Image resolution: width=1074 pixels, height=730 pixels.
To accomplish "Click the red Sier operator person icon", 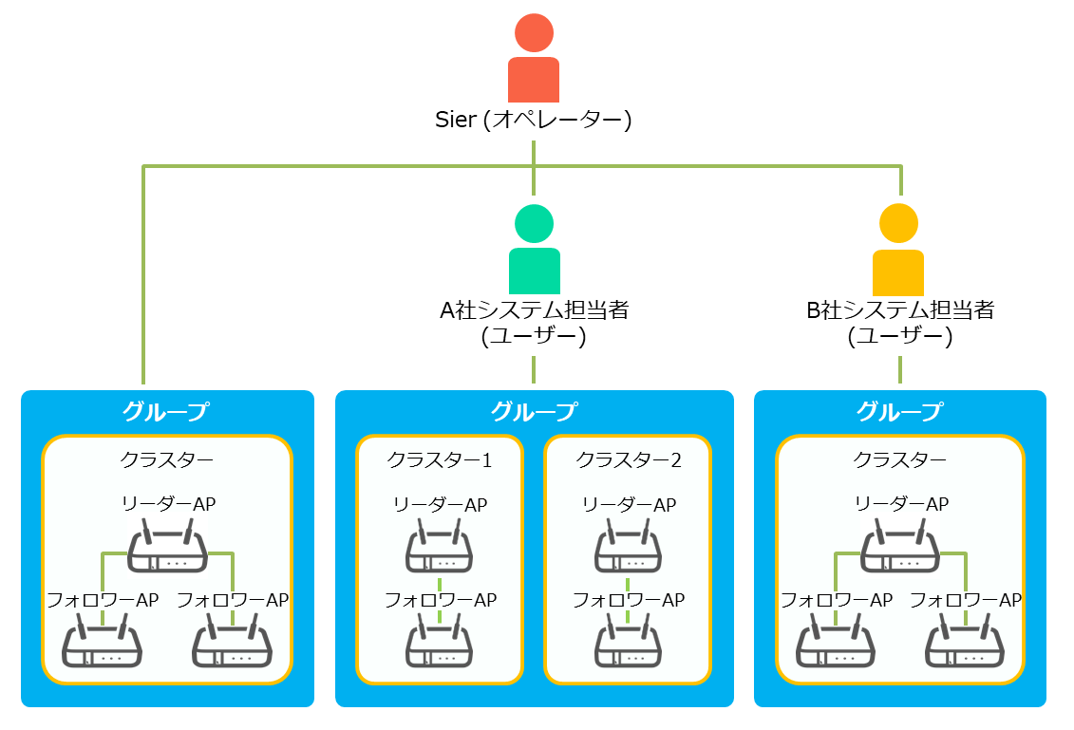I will [534, 59].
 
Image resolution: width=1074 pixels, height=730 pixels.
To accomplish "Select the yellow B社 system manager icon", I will [898, 249].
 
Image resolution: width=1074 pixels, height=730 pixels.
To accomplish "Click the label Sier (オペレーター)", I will [533, 121].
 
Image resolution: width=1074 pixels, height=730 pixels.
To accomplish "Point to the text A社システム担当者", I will [534, 309].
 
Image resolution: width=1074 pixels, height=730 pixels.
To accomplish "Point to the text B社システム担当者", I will [899, 309].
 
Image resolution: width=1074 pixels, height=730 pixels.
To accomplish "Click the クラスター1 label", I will [440, 460].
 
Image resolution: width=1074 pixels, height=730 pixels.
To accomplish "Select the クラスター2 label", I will [628, 460].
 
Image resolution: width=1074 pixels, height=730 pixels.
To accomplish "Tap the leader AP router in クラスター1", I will [440, 550].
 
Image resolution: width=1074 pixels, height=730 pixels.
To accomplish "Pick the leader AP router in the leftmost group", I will [168, 550].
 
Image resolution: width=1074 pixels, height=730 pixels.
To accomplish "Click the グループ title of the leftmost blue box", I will [166, 412].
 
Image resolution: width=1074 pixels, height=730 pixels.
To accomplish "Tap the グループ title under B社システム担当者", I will [899, 412].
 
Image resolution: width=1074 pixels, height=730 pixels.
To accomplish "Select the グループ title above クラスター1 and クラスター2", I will [534, 412].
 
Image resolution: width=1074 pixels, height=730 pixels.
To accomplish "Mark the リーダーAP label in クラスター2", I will [628, 505].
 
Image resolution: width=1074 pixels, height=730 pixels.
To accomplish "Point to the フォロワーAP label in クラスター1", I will [440, 600].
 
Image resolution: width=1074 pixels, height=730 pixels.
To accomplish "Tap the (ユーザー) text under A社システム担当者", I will [534, 335].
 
